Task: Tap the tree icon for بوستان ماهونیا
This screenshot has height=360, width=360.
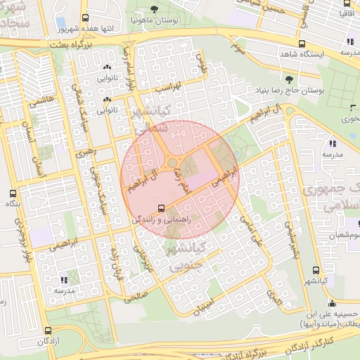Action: coord(154,9)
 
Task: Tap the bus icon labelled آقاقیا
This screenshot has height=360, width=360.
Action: coord(346,3)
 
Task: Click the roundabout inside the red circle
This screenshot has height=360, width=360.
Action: coord(172,165)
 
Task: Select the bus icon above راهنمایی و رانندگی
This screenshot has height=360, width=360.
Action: coord(162,208)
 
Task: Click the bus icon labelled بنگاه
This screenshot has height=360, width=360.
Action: coord(12,193)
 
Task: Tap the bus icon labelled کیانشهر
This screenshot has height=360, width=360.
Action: coord(315,270)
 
